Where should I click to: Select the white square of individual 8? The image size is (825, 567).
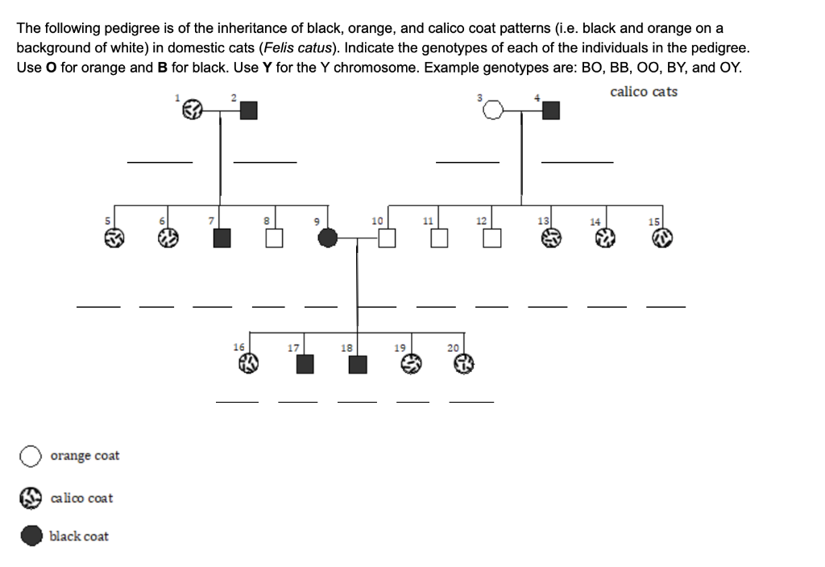(275, 238)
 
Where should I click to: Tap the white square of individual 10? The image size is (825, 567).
(388, 238)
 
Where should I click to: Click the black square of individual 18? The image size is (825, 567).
(357, 364)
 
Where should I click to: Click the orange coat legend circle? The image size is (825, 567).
(31, 457)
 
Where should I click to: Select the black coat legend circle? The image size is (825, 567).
(31, 536)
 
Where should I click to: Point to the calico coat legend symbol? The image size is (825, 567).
(31, 499)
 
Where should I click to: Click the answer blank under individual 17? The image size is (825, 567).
(299, 401)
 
